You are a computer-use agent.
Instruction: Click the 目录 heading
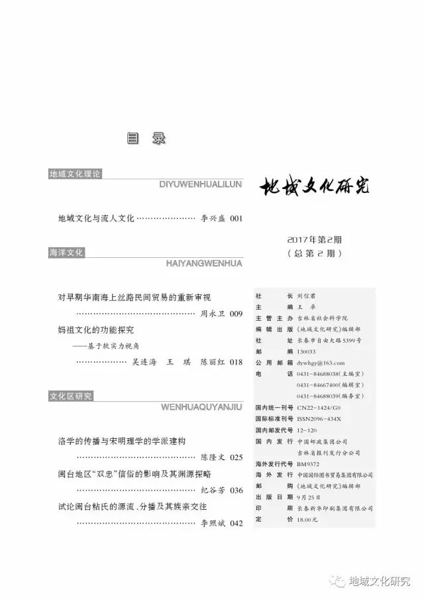coord(145,140)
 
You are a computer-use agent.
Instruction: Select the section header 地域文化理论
coord(75,174)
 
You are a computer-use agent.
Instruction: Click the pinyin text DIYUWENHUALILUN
coord(201,185)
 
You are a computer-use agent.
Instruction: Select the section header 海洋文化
coord(66,253)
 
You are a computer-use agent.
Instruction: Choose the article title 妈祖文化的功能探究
coord(100,329)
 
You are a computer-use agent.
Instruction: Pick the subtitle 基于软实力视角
coord(119,345)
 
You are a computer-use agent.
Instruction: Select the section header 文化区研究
coord(70,396)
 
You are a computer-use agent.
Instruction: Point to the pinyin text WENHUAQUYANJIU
coord(202,407)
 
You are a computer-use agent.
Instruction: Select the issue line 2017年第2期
coord(314,240)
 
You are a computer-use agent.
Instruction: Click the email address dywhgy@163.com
coord(321,363)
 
